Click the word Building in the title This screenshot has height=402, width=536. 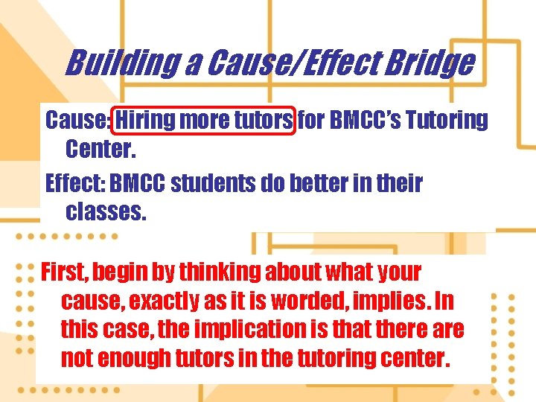point(121,63)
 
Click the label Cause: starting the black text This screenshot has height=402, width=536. point(77,119)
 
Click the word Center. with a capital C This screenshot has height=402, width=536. point(101,149)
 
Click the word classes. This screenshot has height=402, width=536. point(107,212)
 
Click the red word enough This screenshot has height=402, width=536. point(134,358)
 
